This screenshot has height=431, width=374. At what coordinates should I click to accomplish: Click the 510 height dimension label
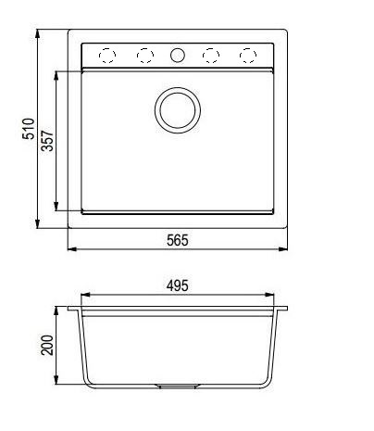point(28,128)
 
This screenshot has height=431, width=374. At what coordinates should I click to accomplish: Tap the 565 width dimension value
point(178,240)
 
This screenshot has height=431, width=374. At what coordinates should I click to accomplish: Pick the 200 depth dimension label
point(48,346)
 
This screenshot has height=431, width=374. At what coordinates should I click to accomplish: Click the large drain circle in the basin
point(176,108)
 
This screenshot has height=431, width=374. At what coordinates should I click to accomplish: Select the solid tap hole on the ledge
point(177,56)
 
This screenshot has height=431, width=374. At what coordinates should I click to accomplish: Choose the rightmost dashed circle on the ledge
point(247,56)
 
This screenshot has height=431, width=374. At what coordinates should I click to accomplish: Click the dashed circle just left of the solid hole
point(144,56)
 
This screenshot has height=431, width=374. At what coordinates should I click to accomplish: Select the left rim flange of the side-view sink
point(74,309)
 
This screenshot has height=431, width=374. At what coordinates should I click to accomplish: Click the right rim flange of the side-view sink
point(280,309)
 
